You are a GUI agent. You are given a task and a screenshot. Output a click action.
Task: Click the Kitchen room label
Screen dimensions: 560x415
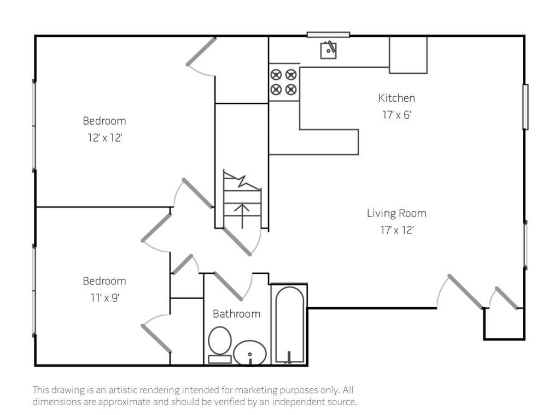(396, 98)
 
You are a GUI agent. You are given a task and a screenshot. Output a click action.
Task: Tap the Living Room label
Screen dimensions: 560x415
(396, 213)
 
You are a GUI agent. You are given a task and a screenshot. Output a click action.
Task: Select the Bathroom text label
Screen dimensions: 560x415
(236, 314)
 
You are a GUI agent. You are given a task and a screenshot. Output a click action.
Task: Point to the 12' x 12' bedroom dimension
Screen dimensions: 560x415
(104, 137)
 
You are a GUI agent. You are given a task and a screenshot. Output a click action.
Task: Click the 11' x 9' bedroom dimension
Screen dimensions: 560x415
(104, 297)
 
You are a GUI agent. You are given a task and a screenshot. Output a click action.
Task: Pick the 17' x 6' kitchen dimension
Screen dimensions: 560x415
(397, 115)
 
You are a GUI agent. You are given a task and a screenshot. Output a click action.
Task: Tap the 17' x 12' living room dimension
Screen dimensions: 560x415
(397, 230)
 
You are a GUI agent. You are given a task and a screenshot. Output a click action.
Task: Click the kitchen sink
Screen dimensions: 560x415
(328, 50)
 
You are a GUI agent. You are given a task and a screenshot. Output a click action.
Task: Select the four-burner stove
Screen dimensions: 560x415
(284, 82)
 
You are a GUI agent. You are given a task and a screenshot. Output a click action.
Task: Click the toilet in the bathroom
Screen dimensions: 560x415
(220, 344)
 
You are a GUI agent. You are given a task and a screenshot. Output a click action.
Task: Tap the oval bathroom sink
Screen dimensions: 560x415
(250, 353)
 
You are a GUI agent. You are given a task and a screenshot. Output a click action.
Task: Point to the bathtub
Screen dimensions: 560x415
(289, 324)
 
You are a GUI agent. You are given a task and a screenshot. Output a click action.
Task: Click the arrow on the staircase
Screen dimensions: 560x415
(242, 216)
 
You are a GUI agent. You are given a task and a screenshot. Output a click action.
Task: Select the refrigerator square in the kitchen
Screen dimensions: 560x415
(408, 55)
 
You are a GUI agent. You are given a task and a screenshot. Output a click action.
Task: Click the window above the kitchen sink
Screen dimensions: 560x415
(328, 34)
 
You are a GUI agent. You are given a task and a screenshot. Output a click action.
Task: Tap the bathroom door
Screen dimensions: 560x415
(229, 287)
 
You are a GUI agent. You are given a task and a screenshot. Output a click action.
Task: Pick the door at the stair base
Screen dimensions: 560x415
(237, 242)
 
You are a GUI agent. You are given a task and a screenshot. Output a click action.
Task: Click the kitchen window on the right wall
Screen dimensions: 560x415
(526, 107)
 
